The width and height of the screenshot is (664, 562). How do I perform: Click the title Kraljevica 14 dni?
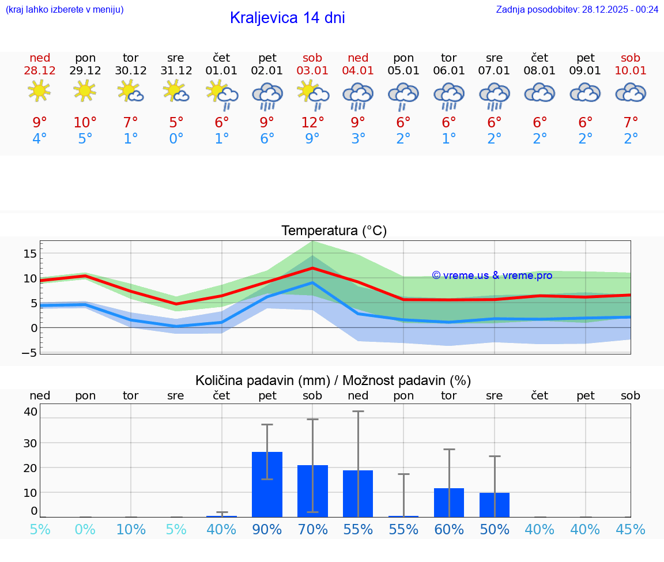287,18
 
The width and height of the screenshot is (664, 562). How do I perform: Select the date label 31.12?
176,71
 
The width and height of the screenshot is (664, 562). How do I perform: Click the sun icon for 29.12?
85,91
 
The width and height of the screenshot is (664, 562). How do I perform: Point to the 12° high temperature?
312,122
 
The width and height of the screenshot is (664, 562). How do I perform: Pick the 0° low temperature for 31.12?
176,138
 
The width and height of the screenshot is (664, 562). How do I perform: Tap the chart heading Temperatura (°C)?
334,231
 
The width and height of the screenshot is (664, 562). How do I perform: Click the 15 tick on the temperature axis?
30,254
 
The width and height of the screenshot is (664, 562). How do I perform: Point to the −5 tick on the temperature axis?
30,353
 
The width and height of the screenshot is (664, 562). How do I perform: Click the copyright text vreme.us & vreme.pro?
492,276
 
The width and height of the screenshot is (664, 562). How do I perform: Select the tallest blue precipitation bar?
267,484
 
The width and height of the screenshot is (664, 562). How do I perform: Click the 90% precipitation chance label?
267,529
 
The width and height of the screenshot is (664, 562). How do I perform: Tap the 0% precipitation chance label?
85,529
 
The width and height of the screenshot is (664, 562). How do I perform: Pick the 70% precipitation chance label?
312,529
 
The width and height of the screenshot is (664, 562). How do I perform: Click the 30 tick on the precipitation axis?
30,443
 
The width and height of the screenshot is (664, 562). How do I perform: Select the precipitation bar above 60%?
449,503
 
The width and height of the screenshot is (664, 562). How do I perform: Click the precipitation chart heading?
333,380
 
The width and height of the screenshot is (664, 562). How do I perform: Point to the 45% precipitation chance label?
631,529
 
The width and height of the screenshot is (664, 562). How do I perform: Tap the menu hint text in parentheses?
65,9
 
